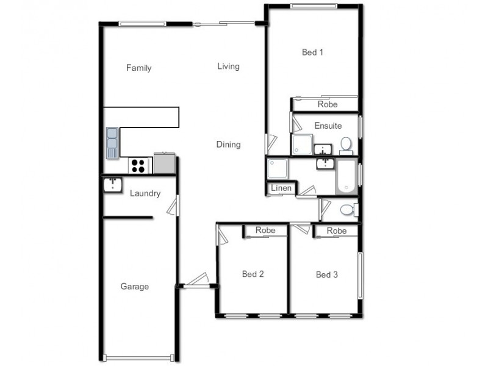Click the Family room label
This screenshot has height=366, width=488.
click(138, 68)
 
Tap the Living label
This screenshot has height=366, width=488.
click(228, 66)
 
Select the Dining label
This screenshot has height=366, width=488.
click(228, 145)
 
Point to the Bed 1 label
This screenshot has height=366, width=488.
click(312, 52)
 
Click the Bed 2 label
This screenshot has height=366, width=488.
click(253, 274)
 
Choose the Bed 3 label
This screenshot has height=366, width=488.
click(326, 274)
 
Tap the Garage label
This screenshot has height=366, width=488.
click(134, 287)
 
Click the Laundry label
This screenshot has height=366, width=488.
click(145, 194)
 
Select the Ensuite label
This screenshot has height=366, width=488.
click(328, 126)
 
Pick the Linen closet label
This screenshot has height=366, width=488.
click(281, 188)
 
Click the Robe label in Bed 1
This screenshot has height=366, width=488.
click(328, 105)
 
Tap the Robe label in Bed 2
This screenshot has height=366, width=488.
click(265, 231)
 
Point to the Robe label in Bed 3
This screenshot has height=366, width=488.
click(336, 231)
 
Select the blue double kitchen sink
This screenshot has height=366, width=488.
click(112, 142)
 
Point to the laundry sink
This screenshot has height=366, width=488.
click(113, 184)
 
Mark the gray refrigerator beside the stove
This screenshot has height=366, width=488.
click(164, 163)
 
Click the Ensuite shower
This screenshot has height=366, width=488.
click(303, 144)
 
